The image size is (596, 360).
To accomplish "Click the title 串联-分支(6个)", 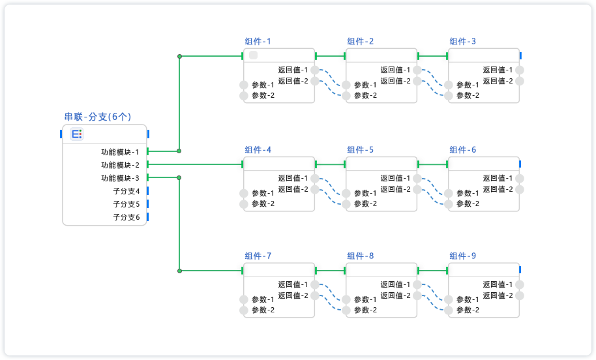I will coord(98,117).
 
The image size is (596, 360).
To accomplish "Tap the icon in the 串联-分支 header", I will coord(77,134).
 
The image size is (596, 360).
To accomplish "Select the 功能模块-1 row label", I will coord(120,152).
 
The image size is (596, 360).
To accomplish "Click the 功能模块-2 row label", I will coord(120,165).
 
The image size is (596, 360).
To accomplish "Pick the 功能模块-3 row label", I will coord(120,178).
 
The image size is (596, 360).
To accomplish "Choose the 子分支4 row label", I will coord(127,191).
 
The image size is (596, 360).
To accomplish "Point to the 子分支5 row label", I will coord(127,204).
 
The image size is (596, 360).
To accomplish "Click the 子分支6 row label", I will coord(127,217).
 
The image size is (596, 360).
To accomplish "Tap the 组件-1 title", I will coord(258,42).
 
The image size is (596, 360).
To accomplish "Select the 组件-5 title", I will coord(360,150).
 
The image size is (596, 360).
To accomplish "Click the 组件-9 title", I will coord(462,256).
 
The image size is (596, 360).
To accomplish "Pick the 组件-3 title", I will coord(462,42).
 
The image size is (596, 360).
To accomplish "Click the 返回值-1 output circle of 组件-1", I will coord(315,70).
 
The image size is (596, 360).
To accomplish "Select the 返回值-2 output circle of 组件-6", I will coord(520,189).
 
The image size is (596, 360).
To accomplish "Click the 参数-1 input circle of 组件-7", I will coord(244,299).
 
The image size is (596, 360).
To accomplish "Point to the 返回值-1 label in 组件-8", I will coord(395,284).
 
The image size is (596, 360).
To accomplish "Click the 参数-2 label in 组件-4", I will coord(263,203).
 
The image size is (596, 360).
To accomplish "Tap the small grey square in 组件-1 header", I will coord(253,55).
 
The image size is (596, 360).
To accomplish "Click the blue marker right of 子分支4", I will coord(147,191).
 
